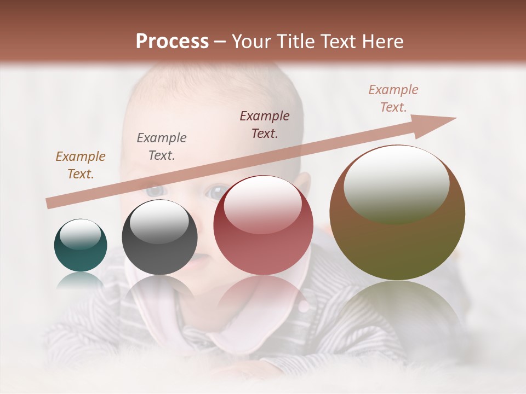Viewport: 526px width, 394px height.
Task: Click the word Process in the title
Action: click(x=172, y=41)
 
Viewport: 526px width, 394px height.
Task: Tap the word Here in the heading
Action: click(x=383, y=42)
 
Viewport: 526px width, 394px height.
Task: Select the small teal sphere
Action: click(x=81, y=245)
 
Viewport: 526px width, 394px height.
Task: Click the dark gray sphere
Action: click(x=159, y=237)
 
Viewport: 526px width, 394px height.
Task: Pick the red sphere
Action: click(x=263, y=225)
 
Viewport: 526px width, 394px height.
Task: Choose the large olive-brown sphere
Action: click(x=397, y=213)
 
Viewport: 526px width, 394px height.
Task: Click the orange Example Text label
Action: click(x=81, y=165)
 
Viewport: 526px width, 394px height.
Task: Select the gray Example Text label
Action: click(x=161, y=147)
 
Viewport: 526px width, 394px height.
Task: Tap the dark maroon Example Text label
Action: click(x=265, y=124)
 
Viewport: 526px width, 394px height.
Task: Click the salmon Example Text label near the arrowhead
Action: click(x=393, y=99)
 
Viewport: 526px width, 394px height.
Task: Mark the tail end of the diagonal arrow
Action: click(x=49, y=204)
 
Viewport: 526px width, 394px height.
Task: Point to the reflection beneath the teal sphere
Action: click(x=81, y=280)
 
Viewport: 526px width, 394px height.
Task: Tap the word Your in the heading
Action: click(x=252, y=42)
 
